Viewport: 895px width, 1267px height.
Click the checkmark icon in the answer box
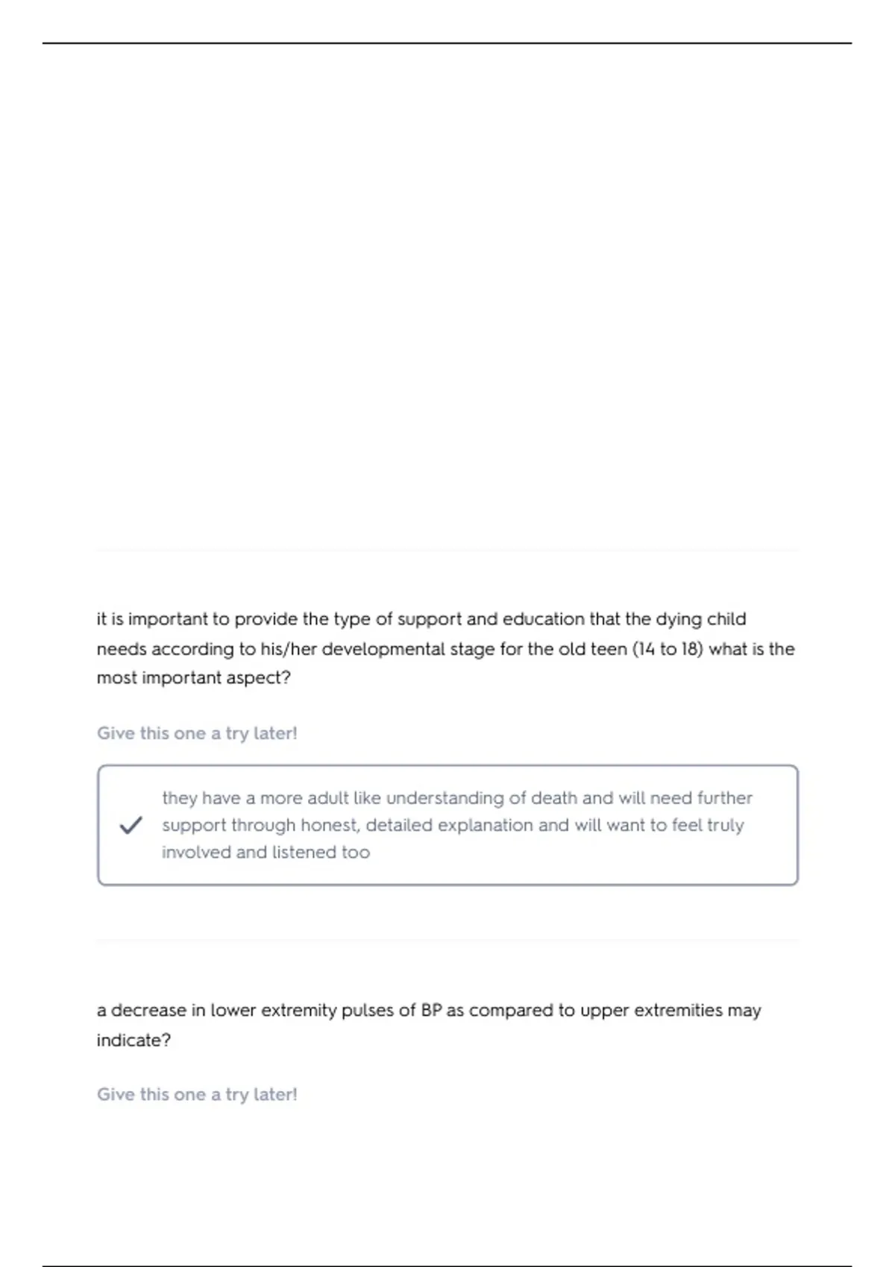point(131,825)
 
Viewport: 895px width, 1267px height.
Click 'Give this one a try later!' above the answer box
point(197,733)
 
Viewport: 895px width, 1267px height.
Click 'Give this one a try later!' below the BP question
point(197,1095)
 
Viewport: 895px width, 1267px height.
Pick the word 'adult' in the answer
point(327,798)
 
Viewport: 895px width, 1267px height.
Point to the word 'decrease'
point(148,1011)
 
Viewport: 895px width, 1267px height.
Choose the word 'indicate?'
point(134,1040)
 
